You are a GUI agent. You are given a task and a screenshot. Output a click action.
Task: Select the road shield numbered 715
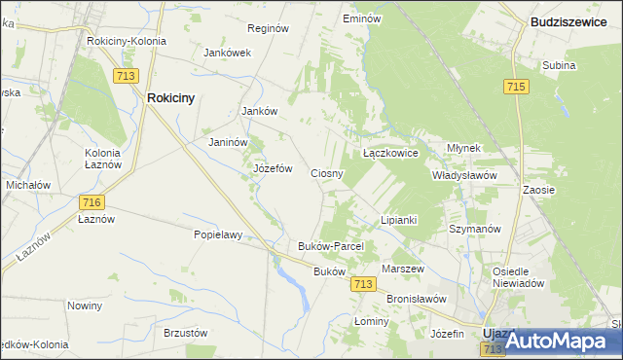[517, 88]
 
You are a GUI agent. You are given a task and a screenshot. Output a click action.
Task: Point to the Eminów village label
[361, 18]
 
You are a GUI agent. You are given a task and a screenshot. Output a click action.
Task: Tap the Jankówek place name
[228, 53]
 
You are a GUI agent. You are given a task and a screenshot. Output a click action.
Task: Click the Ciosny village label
[327, 173]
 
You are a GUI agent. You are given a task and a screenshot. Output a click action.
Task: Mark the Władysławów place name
[464, 176]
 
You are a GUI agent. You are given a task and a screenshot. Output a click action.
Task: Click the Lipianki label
[398, 220]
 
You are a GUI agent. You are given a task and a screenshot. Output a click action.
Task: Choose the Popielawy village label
[217, 234]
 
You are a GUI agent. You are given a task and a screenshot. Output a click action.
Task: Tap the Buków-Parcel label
[330, 247]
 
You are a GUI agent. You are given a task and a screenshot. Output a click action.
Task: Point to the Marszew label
[403, 268]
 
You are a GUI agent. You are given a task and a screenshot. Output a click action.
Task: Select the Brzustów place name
[187, 332]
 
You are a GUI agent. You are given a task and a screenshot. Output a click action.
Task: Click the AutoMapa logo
[557, 342]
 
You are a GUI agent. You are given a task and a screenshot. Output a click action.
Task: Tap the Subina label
[560, 66]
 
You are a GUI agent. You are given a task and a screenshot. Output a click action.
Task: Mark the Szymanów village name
[474, 229]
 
